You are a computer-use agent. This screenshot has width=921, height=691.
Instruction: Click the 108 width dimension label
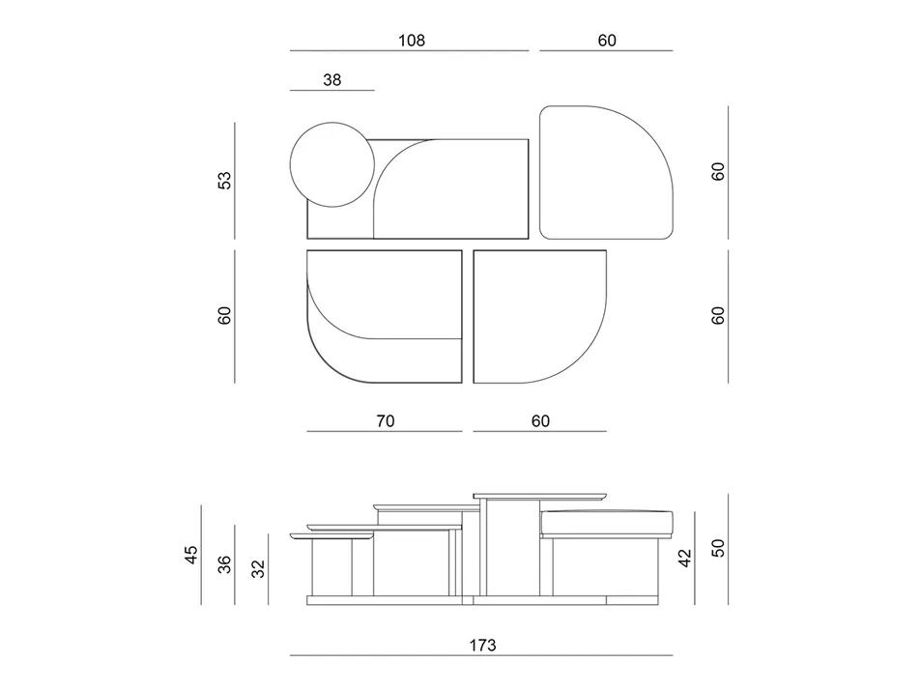coord(411,41)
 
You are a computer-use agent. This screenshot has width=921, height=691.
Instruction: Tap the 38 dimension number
coord(331,81)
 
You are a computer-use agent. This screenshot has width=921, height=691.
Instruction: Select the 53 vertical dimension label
coord(224,180)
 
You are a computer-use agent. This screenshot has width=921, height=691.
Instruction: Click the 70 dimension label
coord(384,421)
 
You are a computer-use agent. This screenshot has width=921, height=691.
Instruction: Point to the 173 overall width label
coord(482,645)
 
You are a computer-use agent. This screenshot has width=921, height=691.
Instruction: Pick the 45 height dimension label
coord(191,554)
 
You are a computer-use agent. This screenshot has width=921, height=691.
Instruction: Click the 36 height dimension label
coord(224,564)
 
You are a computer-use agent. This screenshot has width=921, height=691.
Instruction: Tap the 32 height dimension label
coord(258,568)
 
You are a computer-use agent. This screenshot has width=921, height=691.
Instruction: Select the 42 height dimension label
coord(685,559)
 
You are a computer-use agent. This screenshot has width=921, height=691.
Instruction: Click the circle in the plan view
coord(331,164)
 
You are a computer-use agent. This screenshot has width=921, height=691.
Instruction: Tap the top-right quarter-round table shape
coord(606,172)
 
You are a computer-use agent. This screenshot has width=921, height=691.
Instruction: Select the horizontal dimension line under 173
coord(481,656)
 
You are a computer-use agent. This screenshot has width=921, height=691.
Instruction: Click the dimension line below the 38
coord(331,91)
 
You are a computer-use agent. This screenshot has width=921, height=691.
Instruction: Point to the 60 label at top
coord(606,41)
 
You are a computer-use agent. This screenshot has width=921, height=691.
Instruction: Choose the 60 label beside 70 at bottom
coord(540,421)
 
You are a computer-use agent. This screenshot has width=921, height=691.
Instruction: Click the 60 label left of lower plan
coord(224,315)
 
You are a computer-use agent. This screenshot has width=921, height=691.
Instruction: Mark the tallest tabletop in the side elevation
coord(541,496)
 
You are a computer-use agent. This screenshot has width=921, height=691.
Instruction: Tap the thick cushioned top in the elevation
coord(606,522)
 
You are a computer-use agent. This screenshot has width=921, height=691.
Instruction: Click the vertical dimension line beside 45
coord(201,554)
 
